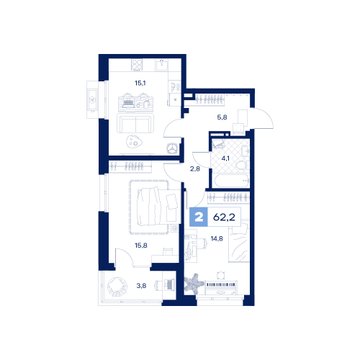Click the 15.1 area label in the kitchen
136,84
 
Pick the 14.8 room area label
217,239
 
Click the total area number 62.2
224,217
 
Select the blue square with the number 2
199,218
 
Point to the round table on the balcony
118,286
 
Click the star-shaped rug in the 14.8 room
194,284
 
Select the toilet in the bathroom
241,165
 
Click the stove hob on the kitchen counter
136,64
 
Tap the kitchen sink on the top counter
162,64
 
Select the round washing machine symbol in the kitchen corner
173,148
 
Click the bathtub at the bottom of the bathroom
230,181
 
